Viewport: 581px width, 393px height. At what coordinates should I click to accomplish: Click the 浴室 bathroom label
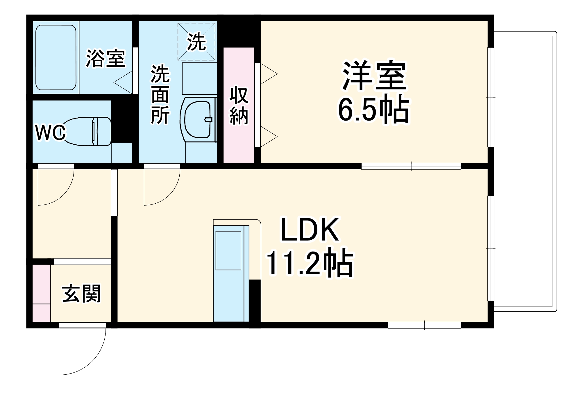(x=106, y=59)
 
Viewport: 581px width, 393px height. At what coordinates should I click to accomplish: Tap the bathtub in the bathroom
(x=56, y=58)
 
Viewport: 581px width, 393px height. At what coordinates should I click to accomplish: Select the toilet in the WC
(x=87, y=131)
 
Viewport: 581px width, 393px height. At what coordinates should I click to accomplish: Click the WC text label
(x=50, y=133)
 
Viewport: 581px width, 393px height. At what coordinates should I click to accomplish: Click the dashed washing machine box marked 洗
(x=197, y=42)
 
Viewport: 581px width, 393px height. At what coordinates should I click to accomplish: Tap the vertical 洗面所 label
(x=160, y=94)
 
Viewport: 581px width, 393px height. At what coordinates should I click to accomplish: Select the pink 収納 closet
(x=239, y=105)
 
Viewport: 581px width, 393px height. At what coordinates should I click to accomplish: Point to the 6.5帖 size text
(x=374, y=110)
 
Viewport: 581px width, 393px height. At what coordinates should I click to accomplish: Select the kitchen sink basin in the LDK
(x=228, y=250)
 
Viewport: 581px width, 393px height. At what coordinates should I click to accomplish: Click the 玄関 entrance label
(x=81, y=294)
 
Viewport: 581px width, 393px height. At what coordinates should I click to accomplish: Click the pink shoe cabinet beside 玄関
(x=41, y=293)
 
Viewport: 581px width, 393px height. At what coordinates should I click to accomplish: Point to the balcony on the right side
(x=523, y=171)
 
